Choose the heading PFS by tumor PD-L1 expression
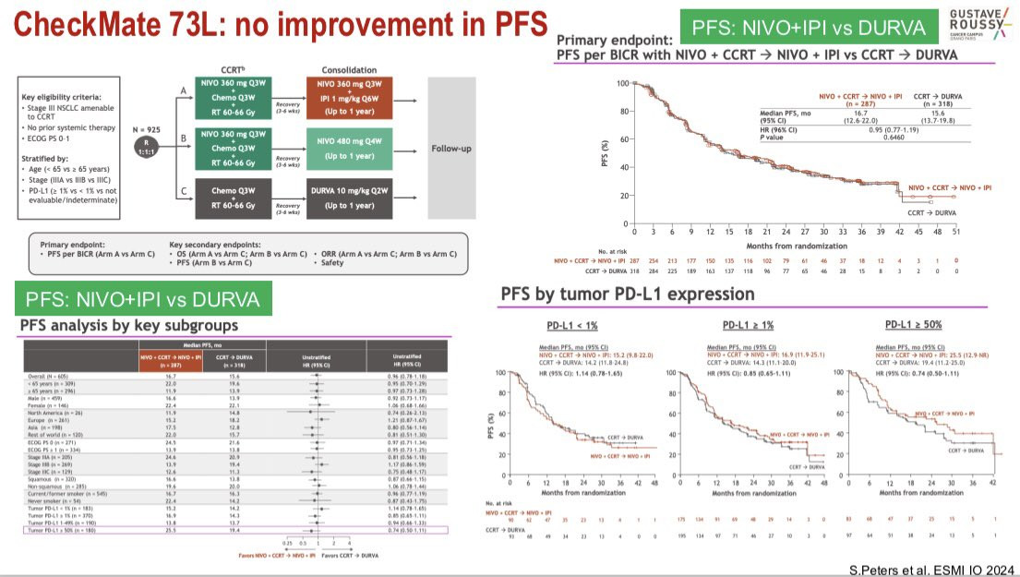pyautogui.click(x=627, y=295)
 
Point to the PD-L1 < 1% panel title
pyautogui.click(x=574, y=325)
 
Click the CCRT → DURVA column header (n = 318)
pyautogui.click(x=931, y=100)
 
